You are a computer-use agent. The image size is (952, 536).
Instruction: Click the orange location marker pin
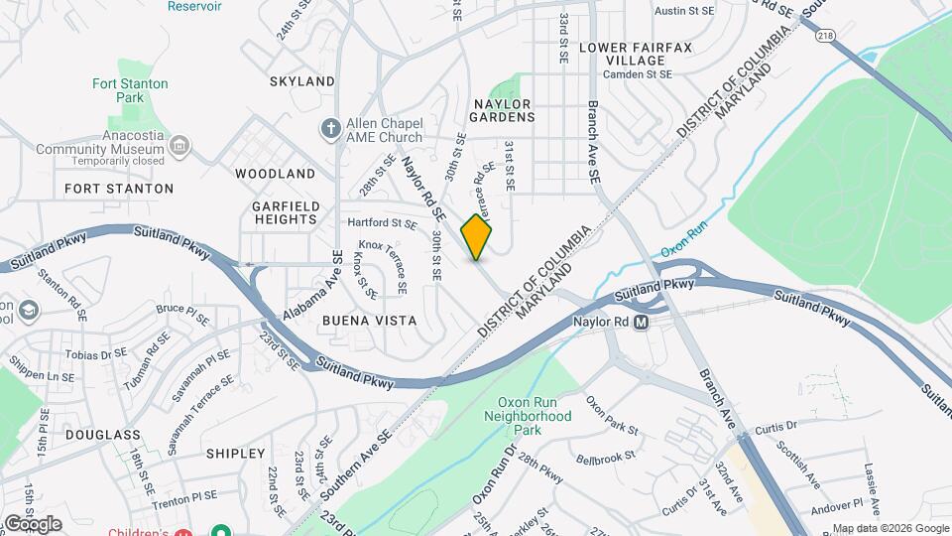[477, 237]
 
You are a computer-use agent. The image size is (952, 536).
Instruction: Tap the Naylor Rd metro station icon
[643, 323]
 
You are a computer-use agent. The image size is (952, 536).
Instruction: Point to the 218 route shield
[826, 35]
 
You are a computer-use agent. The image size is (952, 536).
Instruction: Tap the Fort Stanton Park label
[130, 91]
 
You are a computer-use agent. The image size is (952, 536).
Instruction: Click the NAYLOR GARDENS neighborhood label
[503, 110]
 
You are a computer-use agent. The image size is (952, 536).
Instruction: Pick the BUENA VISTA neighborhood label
[369, 322]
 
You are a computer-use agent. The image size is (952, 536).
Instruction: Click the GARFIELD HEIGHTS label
[287, 212]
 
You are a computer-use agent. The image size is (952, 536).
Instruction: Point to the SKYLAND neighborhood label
[301, 80]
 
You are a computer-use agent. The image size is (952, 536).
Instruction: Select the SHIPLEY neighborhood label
[235, 454]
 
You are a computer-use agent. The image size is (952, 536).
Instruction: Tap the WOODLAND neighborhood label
[276, 174]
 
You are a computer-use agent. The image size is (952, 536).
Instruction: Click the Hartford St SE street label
[381, 223]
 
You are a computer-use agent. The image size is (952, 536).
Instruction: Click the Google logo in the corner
[33, 523]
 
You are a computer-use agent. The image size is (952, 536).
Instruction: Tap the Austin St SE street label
[685, 11]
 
